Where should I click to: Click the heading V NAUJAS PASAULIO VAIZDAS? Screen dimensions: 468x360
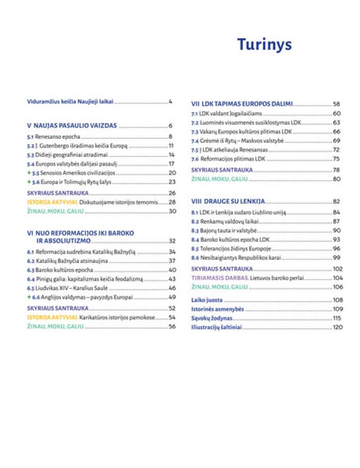point(72,125)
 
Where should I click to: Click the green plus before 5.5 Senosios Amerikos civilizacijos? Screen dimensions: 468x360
point(29,173)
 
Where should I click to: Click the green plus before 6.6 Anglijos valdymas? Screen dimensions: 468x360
point(29,297)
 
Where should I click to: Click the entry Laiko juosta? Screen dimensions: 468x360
point(207,300)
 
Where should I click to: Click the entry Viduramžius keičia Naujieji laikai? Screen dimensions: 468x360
point(70,102)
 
